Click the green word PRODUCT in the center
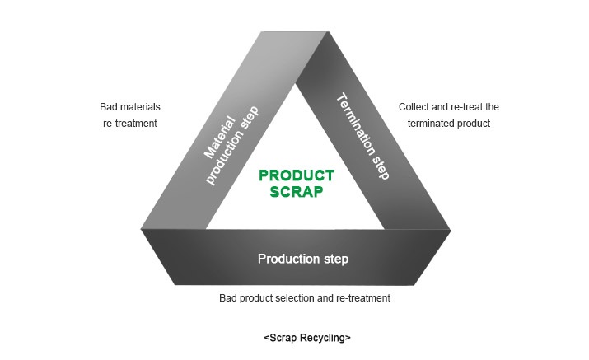[297, 175]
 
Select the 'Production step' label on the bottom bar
[303, 259]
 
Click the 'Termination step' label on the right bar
[362, 137]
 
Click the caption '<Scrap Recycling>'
[307, 338]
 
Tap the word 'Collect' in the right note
[414, 107]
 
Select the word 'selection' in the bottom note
[299, 298]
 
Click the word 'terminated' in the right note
[430, 124]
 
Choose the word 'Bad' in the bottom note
[228, 298]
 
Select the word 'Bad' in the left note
[107, 107]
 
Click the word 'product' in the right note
[474, 124]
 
